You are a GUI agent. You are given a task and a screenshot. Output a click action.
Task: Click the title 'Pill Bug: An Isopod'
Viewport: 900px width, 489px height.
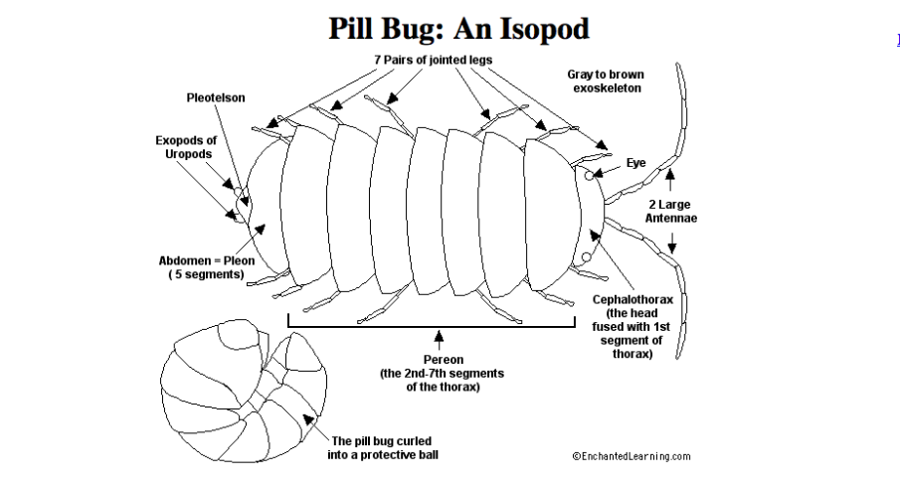[x=458, y=29]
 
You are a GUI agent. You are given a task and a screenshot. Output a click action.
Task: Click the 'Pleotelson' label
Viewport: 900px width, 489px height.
[x=216, y=97]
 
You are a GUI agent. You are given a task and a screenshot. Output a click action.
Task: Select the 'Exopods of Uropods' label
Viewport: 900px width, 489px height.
[x=185, y=147]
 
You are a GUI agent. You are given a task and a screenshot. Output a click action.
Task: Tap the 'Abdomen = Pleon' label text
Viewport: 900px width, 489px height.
[x=206, y=260]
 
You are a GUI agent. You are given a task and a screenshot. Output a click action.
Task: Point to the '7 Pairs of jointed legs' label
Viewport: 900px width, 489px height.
[x=433, y=60]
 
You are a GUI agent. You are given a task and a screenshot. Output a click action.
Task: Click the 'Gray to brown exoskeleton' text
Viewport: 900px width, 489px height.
[x=607, y=81]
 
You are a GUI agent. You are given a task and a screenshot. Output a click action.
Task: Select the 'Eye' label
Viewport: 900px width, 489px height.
[x=635, y=162]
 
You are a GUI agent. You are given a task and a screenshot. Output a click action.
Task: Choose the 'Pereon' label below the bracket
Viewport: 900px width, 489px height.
[x=442, y=359]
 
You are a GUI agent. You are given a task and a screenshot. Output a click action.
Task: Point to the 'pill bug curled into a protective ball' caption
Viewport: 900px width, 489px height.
[x=382, y=447]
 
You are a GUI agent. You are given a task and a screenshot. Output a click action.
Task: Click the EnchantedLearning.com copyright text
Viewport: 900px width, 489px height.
[x=630, y=456]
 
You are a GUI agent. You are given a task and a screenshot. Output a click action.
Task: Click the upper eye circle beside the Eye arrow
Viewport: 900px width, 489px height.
[x=590, y=175]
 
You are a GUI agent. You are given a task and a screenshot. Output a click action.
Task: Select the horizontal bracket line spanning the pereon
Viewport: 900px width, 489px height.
[x=438, y=326]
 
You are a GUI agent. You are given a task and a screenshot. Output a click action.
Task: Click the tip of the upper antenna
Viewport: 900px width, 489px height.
[x=678, y=66]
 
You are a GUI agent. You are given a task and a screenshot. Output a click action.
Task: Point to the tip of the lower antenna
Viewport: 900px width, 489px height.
[x=679, y=356]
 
